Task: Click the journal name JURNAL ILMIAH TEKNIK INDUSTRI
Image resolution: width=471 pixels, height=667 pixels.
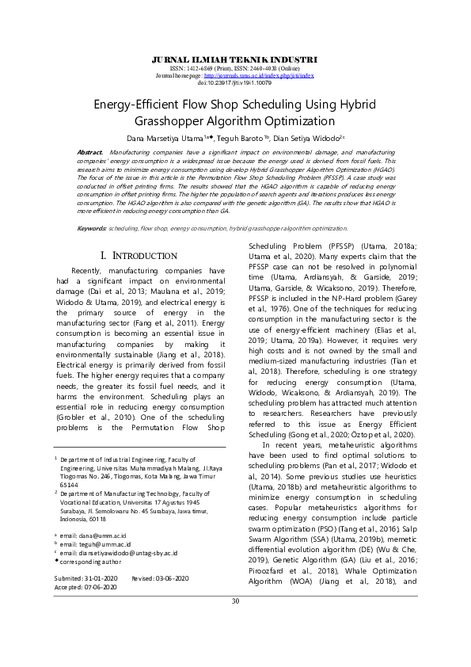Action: click(234, 59)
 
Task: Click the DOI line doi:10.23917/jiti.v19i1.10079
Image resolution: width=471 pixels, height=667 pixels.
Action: click(234, 82)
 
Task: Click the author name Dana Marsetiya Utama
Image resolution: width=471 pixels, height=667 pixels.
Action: click(169, 136)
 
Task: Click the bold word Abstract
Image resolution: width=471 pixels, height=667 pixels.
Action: click(89, 151)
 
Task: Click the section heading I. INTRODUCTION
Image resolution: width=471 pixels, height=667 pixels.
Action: click(139, 256)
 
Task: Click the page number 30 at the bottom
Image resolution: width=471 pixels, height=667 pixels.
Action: click(235, 623)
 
